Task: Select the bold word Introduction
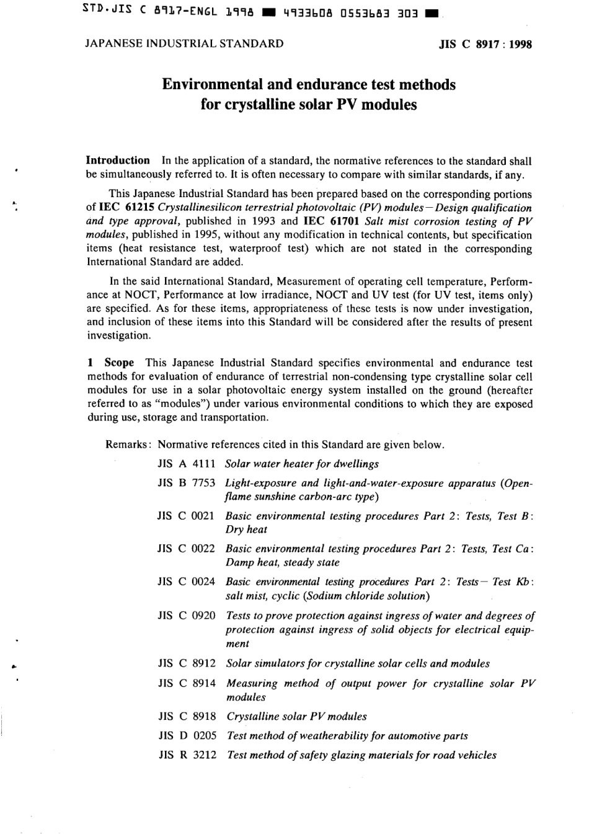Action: (118, 161)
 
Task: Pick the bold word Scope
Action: (119, 363)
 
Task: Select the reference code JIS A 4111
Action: (186, 464)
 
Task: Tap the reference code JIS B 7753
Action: (186, 483)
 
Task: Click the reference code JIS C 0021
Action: (186, 516)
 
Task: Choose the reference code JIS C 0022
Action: (186, 549)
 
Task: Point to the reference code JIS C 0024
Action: (186, 582)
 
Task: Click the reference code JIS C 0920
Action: (186, 616)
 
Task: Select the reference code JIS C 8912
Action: (186, 663)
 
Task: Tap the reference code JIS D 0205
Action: (187, 736)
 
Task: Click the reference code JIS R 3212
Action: (187, 755)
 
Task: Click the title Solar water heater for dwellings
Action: (302, 464)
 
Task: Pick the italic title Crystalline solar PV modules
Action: (296, 717)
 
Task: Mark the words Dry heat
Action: (246, 530)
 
